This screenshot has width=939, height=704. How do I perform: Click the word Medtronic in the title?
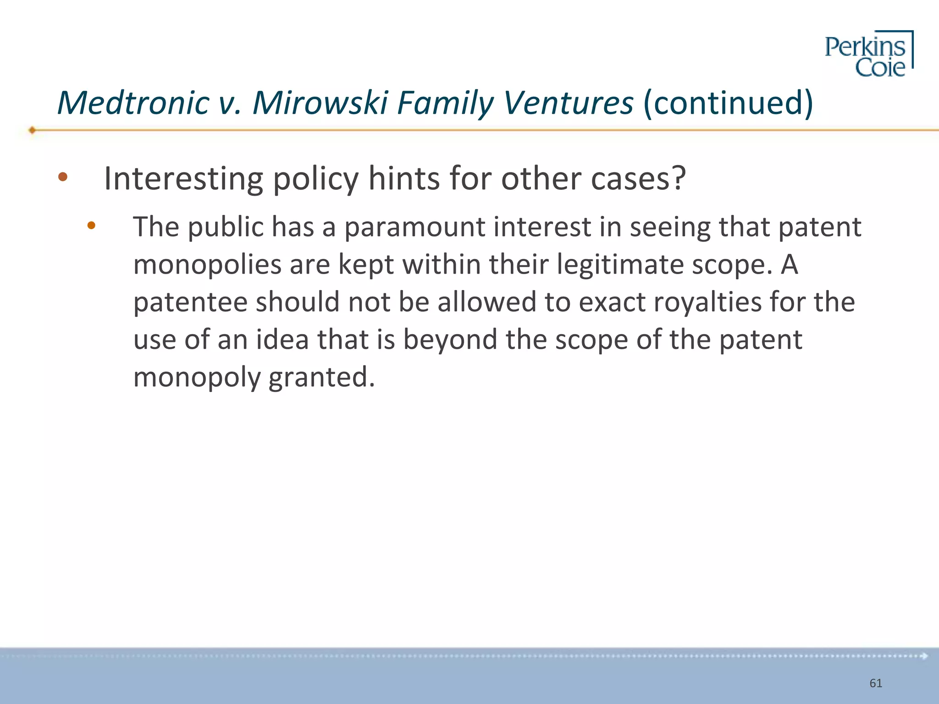click(x=133, y=103)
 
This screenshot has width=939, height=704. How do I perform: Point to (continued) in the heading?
click(x=728, y=103)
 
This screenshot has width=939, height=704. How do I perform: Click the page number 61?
click(x=876, y=683)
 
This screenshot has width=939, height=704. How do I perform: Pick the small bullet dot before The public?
click(x=91, y=225)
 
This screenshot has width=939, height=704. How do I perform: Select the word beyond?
click(x=450, y=340)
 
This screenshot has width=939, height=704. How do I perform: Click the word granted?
click(x=321, y=378)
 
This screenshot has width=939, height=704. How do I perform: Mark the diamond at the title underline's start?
click(x=32, y=130)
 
